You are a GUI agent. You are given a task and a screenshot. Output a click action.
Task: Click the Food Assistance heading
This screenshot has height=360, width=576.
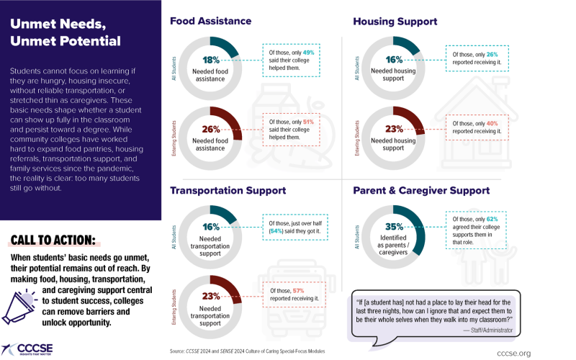click(210, 21)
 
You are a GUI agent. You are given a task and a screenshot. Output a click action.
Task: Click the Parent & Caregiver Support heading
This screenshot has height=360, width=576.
click(421, 191)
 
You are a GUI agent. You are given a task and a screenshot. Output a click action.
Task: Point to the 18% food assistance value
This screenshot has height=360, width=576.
click(210, 61)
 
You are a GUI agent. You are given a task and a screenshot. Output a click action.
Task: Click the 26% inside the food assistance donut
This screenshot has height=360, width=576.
click(210, 130)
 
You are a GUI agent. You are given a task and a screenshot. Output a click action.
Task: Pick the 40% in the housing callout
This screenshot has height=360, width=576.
click(492, 122)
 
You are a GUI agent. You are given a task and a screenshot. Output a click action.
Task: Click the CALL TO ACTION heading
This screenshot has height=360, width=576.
click(53, 240)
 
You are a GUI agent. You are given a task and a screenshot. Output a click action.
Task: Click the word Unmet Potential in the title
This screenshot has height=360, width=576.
click(65, 41)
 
